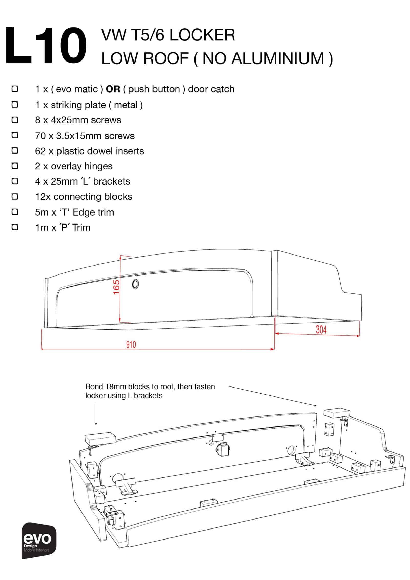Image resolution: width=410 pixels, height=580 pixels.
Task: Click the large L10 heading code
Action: tap(46, 45)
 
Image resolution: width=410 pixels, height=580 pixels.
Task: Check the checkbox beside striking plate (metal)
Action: tap(15, 105)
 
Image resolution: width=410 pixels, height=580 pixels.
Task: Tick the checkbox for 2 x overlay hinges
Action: tap(15, 166)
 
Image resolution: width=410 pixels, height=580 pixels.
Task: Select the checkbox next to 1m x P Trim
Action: tap(15, 227)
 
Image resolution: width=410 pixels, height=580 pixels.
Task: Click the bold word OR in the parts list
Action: tap(113, 89)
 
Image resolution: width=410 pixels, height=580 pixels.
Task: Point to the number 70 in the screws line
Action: tap(40, 136)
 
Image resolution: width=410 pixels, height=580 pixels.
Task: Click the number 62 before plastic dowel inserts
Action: tap(40, 151)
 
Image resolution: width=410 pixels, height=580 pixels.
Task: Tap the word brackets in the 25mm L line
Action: tap(111, 181)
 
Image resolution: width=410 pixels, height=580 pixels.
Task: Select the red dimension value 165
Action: tap(116, 287)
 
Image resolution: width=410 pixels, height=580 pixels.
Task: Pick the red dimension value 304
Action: tap(321, 330)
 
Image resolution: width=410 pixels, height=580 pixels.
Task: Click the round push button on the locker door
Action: tap(135, 284)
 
